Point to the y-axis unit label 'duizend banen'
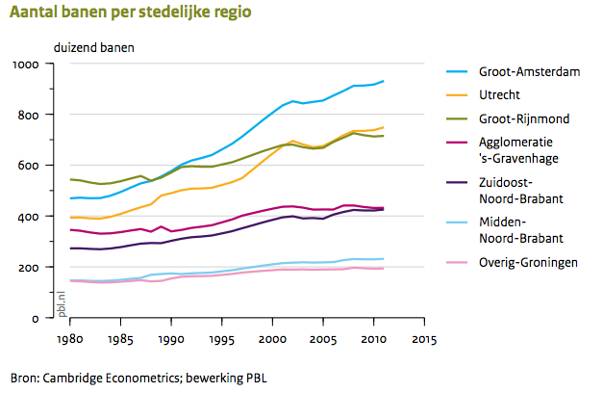[94, 47]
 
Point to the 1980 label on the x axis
[68, 339]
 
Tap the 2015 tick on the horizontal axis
[423, 339]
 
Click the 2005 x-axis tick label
[322, 339]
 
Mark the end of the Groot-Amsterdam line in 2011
[384, 81]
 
